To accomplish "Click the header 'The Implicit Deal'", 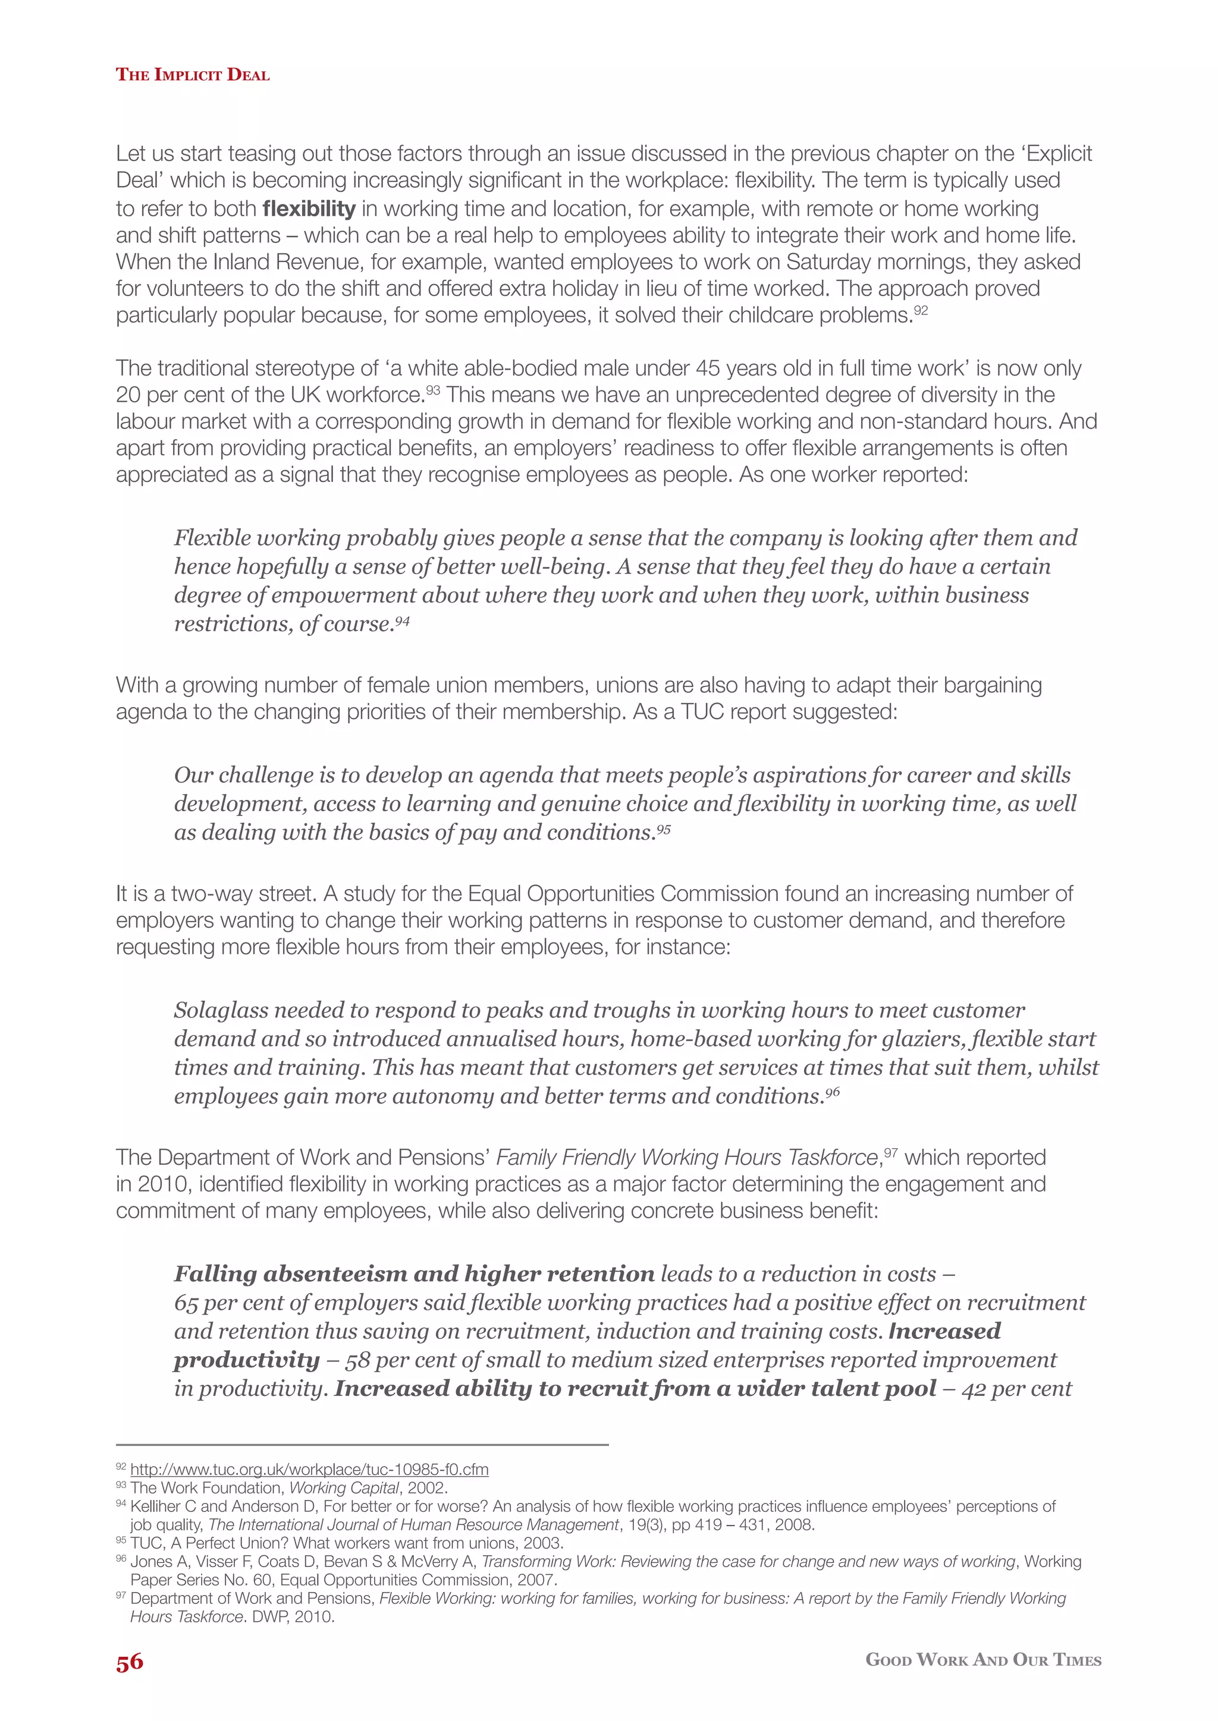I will tap(192, 74).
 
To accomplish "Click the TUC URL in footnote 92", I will tap(309, 1469).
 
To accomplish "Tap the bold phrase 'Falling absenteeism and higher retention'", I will tap(414, 1274).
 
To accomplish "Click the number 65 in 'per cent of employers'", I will tap(187, 1303).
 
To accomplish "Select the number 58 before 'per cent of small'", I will tap(358, 1360).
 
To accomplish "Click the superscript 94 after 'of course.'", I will tap(403, 620).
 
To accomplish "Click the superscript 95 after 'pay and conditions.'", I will tap(663, 828).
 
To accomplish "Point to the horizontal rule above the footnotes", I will tap(362, 1445).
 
